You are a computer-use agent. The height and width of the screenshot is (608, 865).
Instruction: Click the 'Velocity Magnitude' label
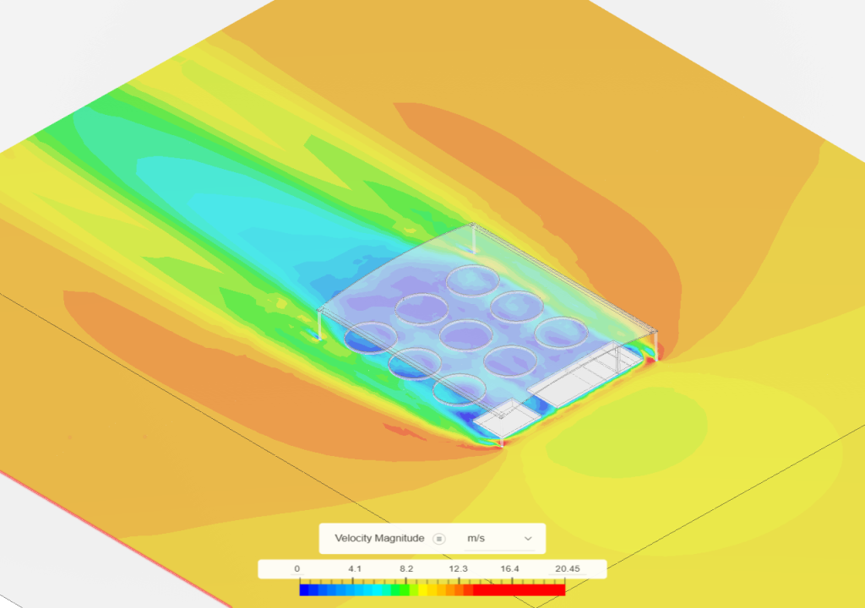[x=379, y=539]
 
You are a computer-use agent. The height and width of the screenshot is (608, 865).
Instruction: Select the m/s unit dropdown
[x=500, y=539]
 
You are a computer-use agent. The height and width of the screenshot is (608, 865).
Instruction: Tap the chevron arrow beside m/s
[x=528, y=539]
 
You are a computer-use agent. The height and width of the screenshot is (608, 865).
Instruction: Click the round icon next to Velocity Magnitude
[x=439, y=539]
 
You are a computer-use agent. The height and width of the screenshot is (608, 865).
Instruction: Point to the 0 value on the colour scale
[x=296, y=569]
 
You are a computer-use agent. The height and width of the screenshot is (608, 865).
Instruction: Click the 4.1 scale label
[x=355, y=569]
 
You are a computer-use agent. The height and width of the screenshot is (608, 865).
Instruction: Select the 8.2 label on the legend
[x=406, y=569]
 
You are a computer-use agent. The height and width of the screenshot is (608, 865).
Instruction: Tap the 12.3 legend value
[x=458, y=569]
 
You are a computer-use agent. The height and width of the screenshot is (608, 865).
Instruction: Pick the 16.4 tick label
[x=509, y=569]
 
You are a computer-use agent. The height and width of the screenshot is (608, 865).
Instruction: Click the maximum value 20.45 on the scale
[x=567, y=569]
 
